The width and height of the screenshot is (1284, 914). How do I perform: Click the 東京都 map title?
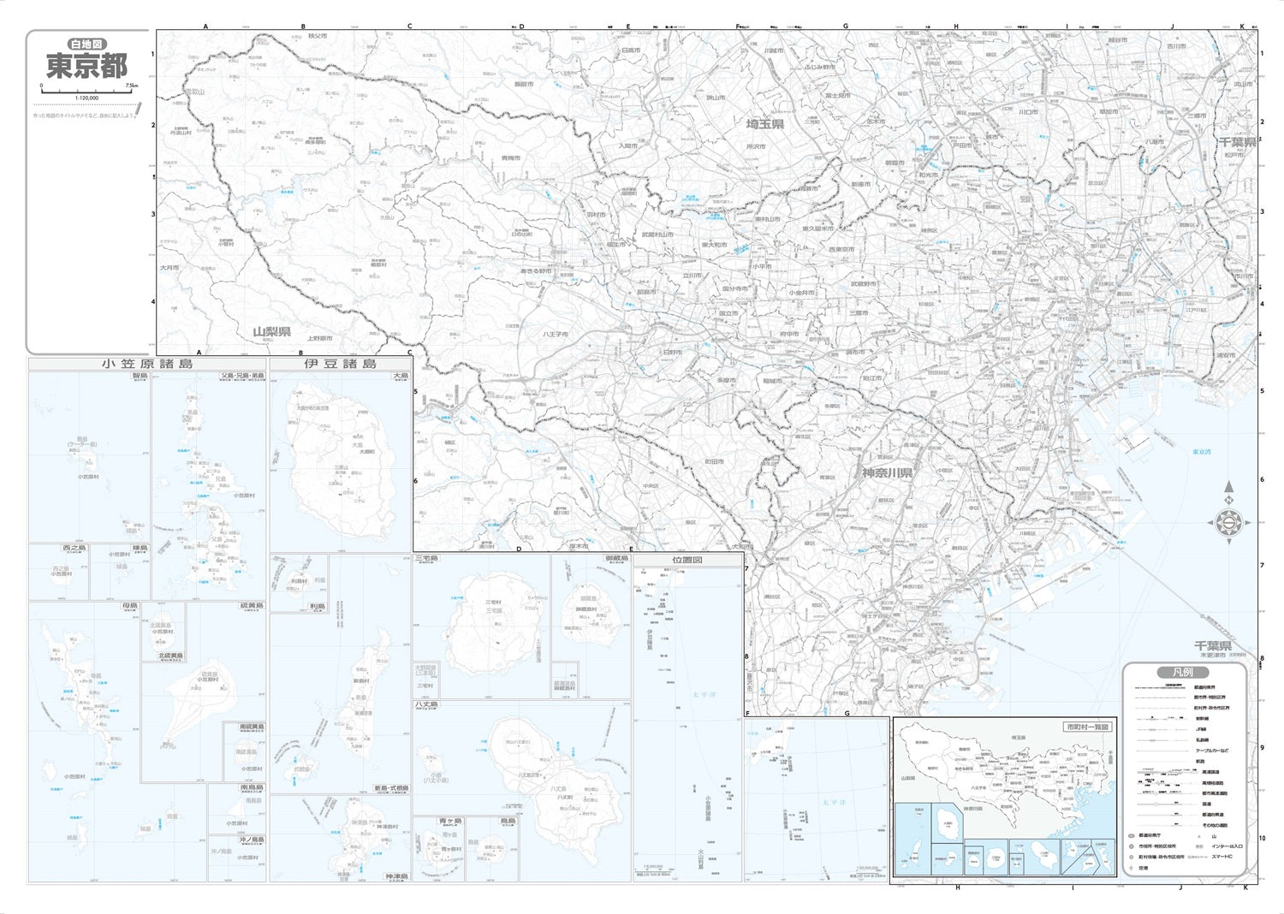86,66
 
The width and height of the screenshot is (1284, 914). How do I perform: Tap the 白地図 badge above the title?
87,44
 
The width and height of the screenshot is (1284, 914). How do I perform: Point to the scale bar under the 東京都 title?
86,89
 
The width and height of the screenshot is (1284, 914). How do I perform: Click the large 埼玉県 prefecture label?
765,125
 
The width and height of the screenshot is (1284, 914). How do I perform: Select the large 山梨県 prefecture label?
271,332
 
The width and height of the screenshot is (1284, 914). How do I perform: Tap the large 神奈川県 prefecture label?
888,473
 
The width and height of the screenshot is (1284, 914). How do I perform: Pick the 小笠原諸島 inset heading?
147,364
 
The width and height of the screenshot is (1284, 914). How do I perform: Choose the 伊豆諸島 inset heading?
340,364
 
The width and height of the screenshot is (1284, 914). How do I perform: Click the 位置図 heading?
687,560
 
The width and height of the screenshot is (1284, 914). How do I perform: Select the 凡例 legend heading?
1185,673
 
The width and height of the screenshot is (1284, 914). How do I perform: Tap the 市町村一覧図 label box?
1087,727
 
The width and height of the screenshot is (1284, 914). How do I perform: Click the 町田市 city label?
714,461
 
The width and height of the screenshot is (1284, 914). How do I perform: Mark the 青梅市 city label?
511,158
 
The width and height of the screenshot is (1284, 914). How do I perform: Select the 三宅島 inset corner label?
426,558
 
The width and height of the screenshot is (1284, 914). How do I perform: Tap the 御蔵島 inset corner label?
616,558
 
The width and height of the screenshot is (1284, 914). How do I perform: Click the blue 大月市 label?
169,268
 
